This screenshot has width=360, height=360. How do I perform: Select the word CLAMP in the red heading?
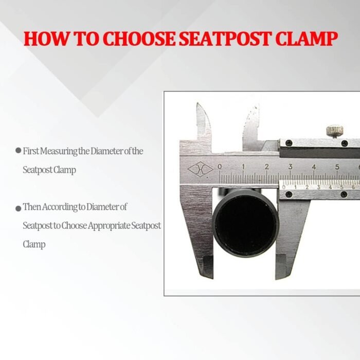pyautogui.click(x=307, y=39)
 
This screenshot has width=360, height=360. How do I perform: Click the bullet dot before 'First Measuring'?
pyautogui.click(x=18, y=151)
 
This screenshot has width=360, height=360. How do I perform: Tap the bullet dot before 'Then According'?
pyautogui.click(x=18, y=208)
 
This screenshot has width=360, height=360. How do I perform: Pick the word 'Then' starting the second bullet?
pyautogui.click(x=31, y=207)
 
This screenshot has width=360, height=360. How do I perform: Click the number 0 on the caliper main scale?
pyautogui.click(x=220, y=167)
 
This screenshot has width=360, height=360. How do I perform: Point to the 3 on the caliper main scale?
pyautogui.click(x=291, y=167)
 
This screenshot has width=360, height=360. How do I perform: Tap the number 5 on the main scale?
pyautogui.click(x=337, y=167)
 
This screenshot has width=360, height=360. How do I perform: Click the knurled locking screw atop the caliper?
pyautogui.click(x=335, y=131)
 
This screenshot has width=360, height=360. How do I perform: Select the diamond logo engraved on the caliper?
pyautogui.click(x=200, y=169)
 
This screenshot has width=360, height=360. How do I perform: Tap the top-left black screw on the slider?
pyautogui.click(x=289, y=143)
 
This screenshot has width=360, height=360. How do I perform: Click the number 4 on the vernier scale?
pyautogui.click(x=330, y=187)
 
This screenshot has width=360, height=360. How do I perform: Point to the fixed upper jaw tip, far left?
pyautogui.click(x=197, y=104)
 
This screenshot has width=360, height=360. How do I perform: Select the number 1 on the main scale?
pyautogui.click(x=243, y=167)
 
